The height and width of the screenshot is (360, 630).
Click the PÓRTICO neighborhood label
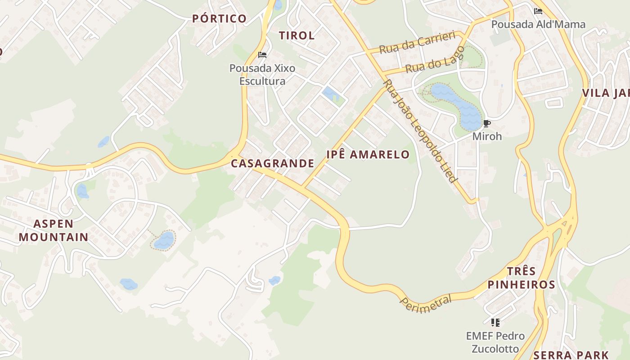pos(219,18)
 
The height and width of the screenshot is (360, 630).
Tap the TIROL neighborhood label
pos(297,36)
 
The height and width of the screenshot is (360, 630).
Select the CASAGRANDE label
pos(272,163)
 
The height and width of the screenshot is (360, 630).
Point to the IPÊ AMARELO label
pos(368,155)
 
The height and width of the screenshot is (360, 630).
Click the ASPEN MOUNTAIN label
pos(54,230)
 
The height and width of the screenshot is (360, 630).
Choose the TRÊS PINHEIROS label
pos(521,278)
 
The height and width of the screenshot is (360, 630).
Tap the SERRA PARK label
pos(571,355)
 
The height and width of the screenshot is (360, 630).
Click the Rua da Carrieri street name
pos(418,43)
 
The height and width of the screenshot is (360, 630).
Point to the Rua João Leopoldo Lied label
pos(420,131)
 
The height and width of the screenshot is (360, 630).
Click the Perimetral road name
pos(425,303)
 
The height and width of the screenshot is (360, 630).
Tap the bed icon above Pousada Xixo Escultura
pos(262,55)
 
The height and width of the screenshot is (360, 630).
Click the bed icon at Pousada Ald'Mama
pos(538,11)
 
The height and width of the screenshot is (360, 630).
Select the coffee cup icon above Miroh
pos(486,123)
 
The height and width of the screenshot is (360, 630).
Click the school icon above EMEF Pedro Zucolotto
pos(495,322)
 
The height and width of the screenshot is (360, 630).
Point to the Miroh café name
pos(487,136)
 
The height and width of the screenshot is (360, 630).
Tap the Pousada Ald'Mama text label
pos(538,24)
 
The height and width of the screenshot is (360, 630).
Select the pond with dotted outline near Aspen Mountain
pos(164,240)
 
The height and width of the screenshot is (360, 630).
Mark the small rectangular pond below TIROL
pos(330,94)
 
